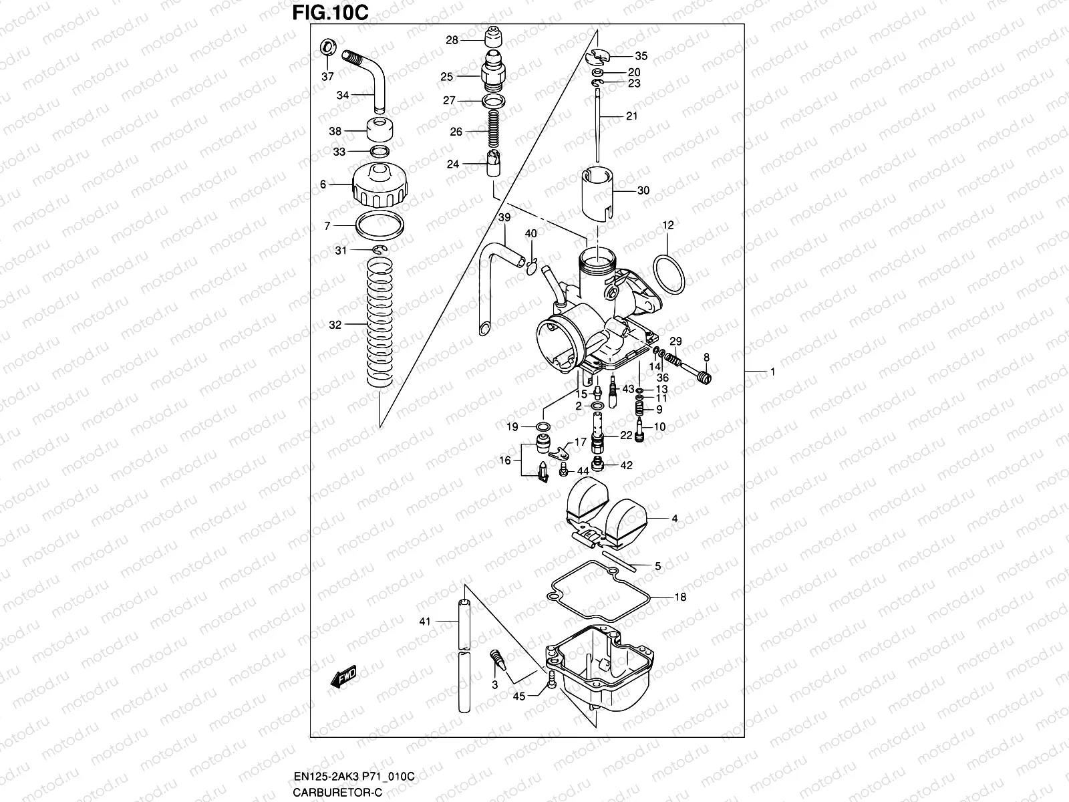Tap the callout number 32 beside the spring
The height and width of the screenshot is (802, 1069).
tap(335, 325)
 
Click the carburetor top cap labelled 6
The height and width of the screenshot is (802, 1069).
tap(379, 185)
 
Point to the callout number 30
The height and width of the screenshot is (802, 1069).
tap(643, 190)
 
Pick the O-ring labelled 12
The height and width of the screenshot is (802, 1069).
tap(669, 273)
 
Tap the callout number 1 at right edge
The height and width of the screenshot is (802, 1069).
tap(772, 372)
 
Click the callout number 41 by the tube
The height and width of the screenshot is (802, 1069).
tap(425, 622)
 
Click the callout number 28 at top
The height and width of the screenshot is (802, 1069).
tap(452, 40)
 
